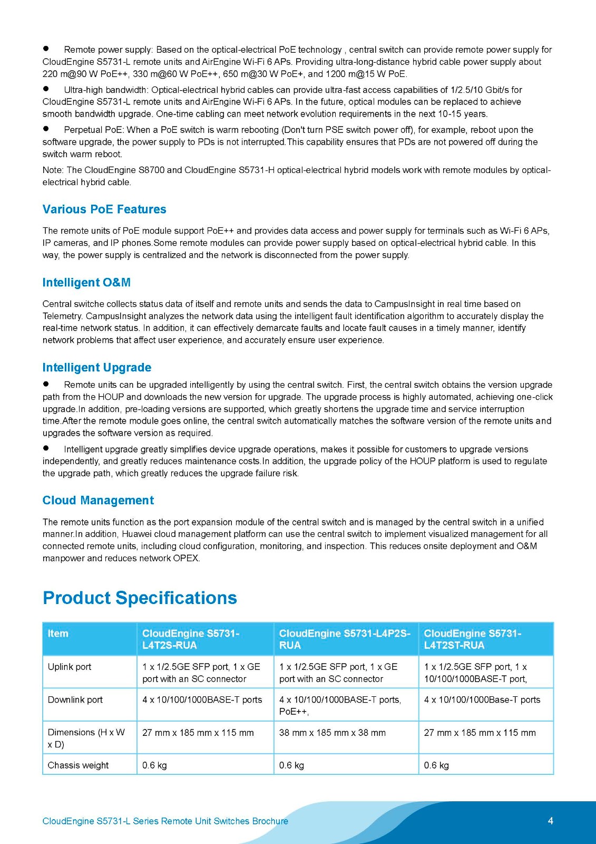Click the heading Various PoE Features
point(104,209)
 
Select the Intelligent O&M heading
point(86,283)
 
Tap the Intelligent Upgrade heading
point(97,368)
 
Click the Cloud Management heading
point(98,501)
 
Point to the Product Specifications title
point(140,598)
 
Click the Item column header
point(58,634)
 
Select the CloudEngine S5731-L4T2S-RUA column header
point(191,639)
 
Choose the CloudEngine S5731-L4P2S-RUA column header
point(345,639)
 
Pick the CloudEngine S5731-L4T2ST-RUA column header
point(473,639)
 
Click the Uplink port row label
point(70,667)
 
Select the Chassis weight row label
point(78,765)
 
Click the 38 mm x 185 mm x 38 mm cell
point(333,733)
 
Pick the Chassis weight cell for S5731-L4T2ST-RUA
point(436,765)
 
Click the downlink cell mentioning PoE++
point(340,705)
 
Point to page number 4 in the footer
point(551,821)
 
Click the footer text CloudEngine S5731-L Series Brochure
point(165,821)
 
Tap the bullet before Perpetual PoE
point(46,129)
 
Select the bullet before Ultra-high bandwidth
point(46,89)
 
